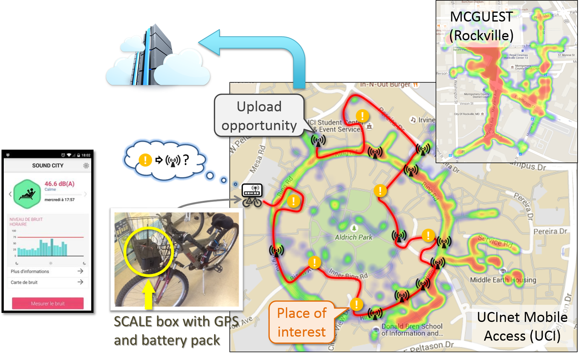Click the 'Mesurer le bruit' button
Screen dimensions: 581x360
click(48, 303)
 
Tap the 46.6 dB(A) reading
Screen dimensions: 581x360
click(60, 184)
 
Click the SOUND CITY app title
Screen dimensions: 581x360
click(48, 165)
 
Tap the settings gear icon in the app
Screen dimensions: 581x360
click(86, 165)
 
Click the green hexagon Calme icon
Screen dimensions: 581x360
click(27, 194)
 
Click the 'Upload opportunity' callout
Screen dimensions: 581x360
click(259, 116)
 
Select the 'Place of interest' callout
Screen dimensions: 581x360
click(301, 322)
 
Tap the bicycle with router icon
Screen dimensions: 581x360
click(252, 195)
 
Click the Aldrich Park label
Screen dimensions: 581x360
click(353, 237)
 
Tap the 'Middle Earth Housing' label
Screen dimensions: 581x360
click(503, 280)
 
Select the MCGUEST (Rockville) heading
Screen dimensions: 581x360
click(481, 26)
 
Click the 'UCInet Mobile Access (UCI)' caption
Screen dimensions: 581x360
click(522, 326)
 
